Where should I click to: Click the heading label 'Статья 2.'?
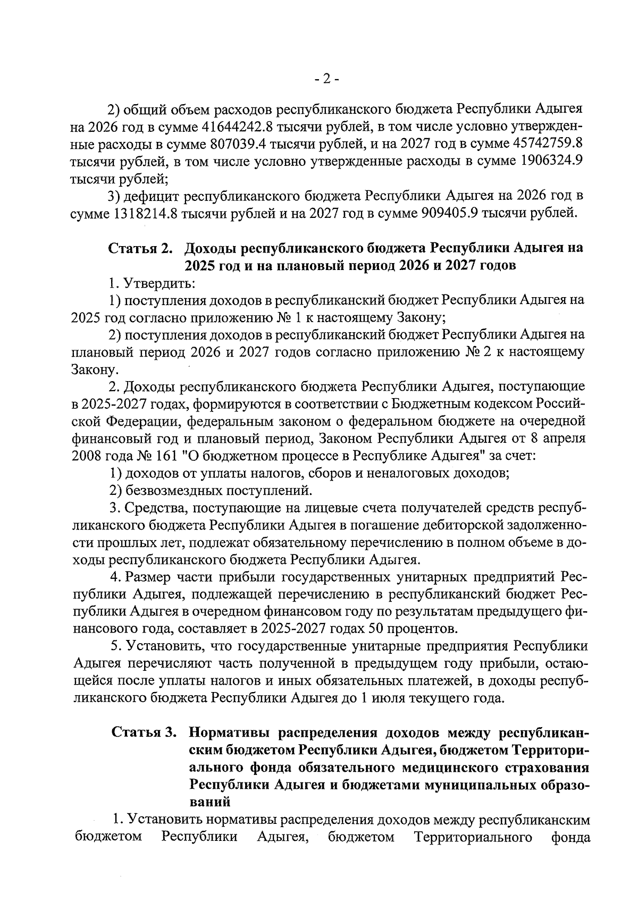tap(141, 248)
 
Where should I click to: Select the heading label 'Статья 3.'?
tap(144, 732)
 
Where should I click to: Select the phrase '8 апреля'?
tap(559, 439)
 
